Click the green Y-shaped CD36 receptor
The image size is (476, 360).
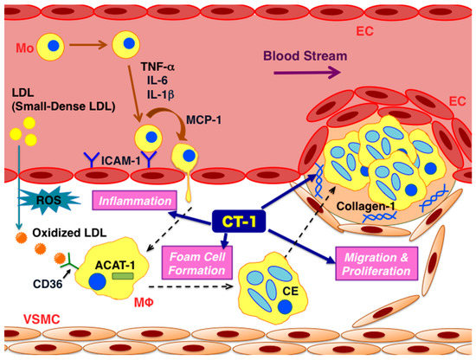coord(66,260)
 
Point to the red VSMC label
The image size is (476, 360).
coord(26,318)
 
